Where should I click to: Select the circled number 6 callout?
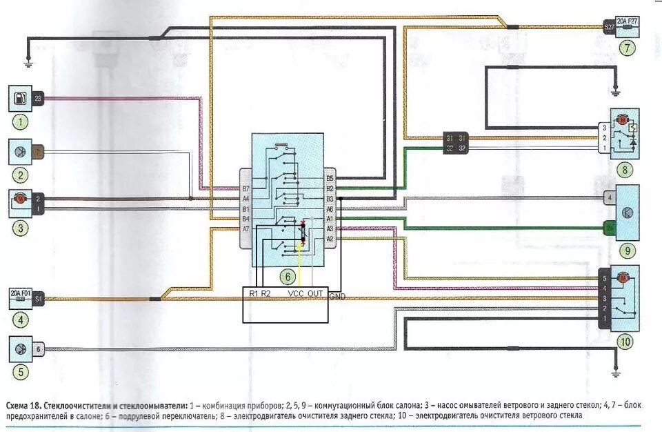(288, 277)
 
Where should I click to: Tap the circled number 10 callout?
(625, 341)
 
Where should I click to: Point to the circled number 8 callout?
(625, 168)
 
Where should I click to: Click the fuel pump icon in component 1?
(19, 99)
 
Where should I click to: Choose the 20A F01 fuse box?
(21, 300)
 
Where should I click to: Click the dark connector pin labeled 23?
(37, 99)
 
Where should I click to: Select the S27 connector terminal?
(609, 27)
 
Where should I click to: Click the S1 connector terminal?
(39, 300)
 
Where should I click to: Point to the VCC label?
(296, 294)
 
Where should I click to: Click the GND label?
(338, 296)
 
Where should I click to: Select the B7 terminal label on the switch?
(245, 188)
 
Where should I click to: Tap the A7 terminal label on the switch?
(245, 228)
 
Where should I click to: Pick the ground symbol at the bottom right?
(616, 373)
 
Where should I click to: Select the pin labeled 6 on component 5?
(39, 349)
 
